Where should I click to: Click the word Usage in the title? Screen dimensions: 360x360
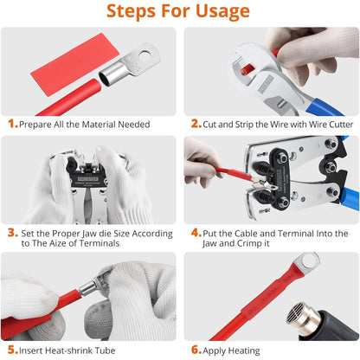click(222, 11)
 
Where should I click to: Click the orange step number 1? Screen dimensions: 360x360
click(12, 124)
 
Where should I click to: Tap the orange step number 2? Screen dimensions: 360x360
click(196, 124)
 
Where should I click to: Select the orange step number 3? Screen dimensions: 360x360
click(12, 233)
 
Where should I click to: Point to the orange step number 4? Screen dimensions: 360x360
click(196, 233)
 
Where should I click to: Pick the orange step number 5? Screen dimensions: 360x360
click(12, 350)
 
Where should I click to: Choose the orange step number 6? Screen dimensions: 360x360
click(196, 350)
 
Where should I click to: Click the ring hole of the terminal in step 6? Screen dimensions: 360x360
click(309, 260)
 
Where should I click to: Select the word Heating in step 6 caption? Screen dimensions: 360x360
click(244, 350)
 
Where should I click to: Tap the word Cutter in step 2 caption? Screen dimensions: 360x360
click(341, 125)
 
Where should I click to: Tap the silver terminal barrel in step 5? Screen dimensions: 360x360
click(88, 288)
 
